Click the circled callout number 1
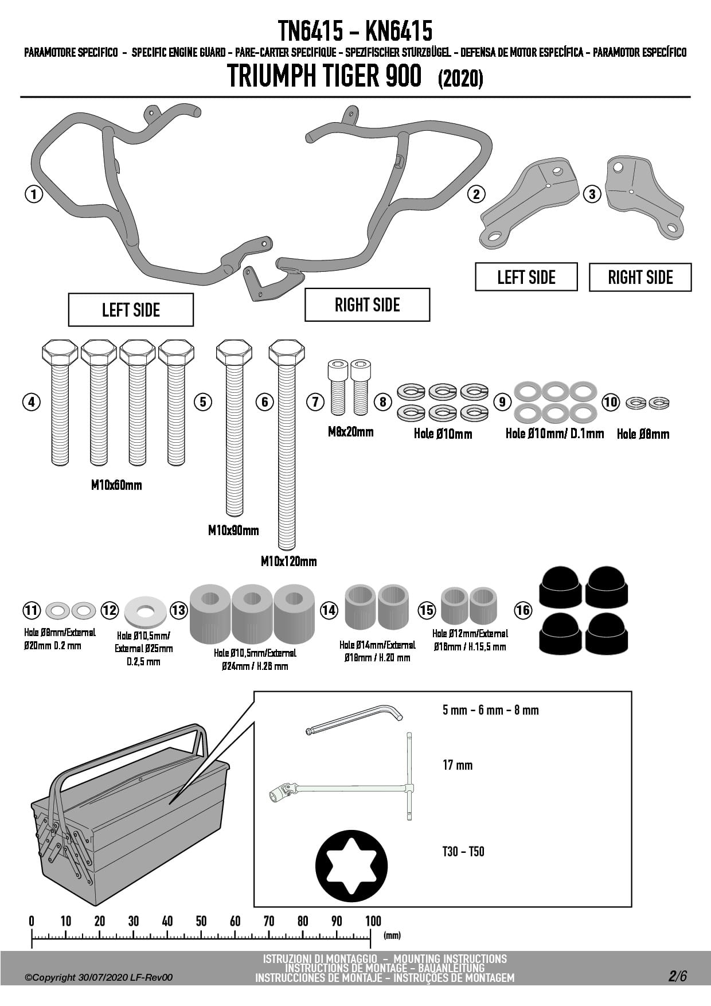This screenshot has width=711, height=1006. (34, 194)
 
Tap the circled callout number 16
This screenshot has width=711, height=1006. (523, 610)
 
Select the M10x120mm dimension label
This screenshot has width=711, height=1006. (288, 561)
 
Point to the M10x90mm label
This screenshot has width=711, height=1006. (233, 530)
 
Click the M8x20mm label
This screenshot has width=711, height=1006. (350, 432)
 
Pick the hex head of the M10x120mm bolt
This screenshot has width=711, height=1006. (287, 351)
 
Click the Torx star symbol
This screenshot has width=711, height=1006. (351, 865)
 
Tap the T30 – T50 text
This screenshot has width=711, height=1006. (463, 851)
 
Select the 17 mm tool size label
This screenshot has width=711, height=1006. (458, 765)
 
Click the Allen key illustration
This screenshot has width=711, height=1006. (354, 719)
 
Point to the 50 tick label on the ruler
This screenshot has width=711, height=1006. (201, 921)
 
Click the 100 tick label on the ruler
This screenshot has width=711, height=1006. (373, 921)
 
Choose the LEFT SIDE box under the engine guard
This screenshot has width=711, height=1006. (131, 310)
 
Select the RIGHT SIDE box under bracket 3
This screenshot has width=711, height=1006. (640, 278)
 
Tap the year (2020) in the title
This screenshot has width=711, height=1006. (460, 78)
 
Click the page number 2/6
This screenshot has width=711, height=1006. (677, 976)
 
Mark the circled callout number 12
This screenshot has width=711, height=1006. (110, 610)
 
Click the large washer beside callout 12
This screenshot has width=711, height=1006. (145, 611)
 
